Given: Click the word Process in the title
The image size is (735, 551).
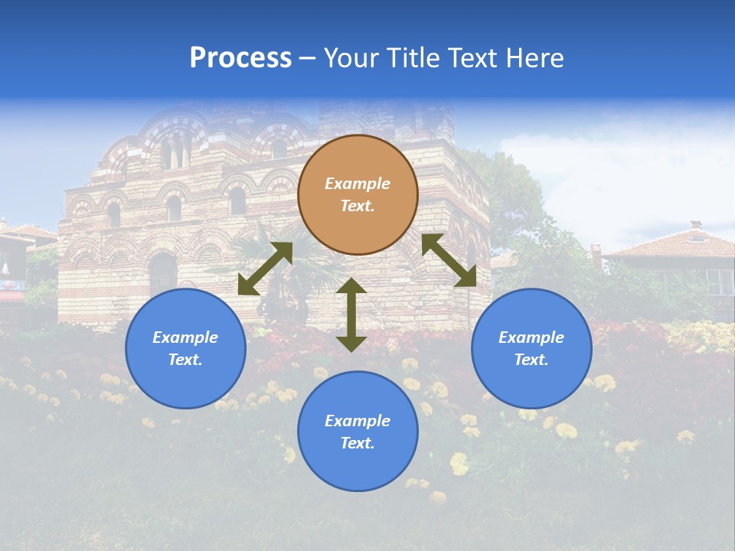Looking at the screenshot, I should pyautogui.click(x=240, y=58).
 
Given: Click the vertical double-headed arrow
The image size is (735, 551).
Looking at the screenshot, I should pyautogui.click(x=351, y=315).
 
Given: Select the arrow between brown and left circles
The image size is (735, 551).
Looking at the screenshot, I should pyautogui.click(x=265, y=269).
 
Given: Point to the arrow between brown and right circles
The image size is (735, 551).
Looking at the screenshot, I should pyautogui.click(x=449, y=260).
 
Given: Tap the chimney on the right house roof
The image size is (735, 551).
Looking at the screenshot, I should pyautogui.click(x=695, y=226).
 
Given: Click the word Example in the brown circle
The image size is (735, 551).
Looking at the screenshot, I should pyautogui.click(x=358, y=184).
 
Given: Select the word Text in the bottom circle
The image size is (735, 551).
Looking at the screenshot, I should pyautogui.click(x=358, y=443).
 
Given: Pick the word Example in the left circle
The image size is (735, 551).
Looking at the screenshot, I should pyautogui.click(x=185, y=337).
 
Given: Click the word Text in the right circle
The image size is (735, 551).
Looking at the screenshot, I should pyautogui.click(x=531, y=360).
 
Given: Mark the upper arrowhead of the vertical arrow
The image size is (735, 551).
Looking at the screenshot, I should pyautogui.click(x=351, y=286).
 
